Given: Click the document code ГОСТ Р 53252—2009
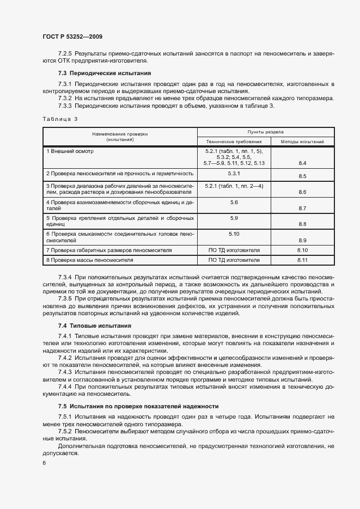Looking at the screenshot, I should click(72, 36).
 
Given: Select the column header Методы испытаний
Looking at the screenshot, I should click(302, 142).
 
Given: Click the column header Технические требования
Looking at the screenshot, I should click(234, 142).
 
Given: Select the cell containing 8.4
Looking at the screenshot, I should click(303, 163).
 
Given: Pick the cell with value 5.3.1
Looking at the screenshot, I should click(234, 173).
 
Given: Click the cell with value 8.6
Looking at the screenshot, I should click(303, 192).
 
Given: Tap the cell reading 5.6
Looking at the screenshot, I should click(234, 202).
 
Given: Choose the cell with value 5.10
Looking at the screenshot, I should click(234, 234).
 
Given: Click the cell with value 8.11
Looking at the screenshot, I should click(303, 260).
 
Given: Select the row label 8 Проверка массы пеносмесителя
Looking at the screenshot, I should click(90, 260).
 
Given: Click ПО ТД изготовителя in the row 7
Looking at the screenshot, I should click(234, 250).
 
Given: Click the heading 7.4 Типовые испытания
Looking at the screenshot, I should click(95, 325).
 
